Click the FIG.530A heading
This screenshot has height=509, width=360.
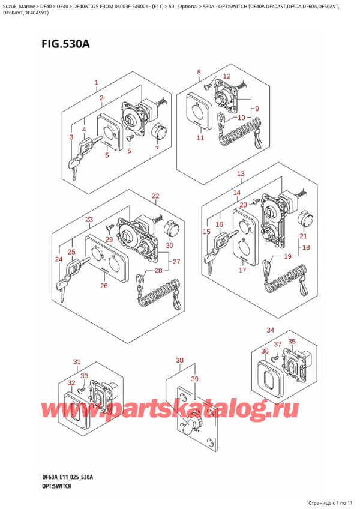coord(65,43)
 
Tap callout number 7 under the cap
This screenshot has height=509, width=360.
coord(157,148)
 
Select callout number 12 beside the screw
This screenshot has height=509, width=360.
coord(227,76)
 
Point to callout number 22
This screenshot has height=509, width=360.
coord(155,196)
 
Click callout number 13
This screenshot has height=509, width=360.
coord(241,173)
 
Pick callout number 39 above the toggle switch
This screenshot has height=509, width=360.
coord(194,379)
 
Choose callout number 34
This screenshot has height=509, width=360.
coord(270,331)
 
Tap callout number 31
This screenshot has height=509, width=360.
coord(77,361)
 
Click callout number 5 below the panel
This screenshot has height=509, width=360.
coord(107,155)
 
